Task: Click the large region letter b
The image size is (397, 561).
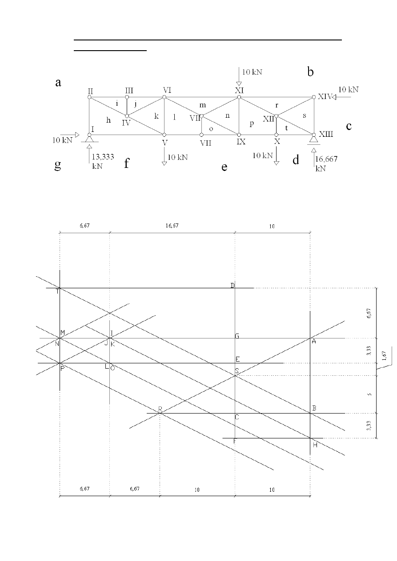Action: click(x=311, y=71)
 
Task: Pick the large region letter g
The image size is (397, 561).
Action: click(x=57, y=165)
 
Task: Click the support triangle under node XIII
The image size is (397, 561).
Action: click(x=313, y=140)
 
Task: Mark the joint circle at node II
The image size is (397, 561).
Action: click(x=89, y=97)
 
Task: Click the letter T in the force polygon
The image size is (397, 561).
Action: click(x=57, y=292)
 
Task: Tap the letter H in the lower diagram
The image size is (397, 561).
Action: click(x=315, y=445)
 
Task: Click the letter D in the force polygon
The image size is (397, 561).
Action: click(x=233, y=285)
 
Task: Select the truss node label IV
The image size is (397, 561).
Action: click(x=126, y=123)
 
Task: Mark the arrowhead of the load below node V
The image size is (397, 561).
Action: click(x=164, y=163)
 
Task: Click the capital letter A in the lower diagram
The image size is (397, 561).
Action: click(x=314, y=342)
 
